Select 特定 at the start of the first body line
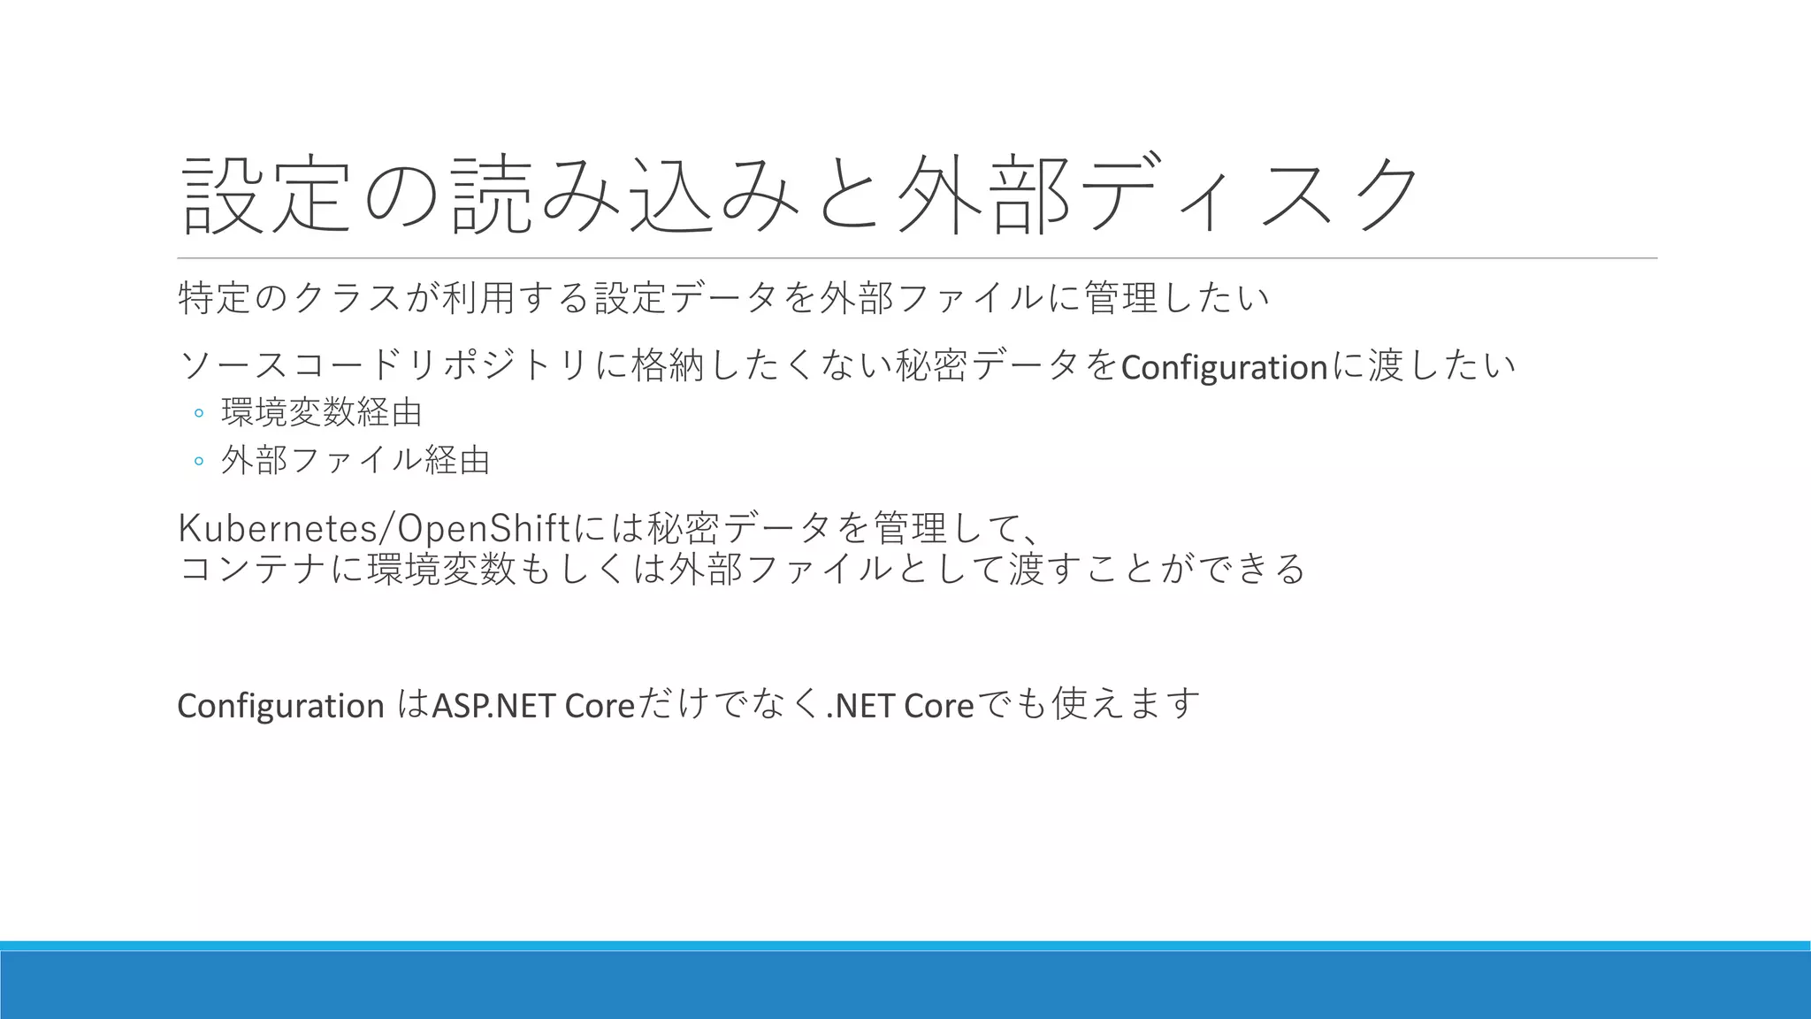pyautogui.click(x=214, y=297)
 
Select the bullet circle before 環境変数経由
pyautogui.click(x=199, y=413)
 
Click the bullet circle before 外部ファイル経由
pyautogui.click(x=199, y=461)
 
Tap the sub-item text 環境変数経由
pyautogui.click(x=322, y=412)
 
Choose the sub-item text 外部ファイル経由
pyautogui.click(x=355, y=460)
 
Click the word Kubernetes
pyautogui.click(x=277, y=528)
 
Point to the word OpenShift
pyautogui.click(x=484, y=528)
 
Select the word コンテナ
pyautogui.click(x=253, y=568)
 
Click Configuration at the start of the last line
pyautogui.click(x=280, y=706)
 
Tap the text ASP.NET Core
pyautogui.click(x=533, y=706)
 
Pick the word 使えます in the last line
pyautogui.click(x=1125, y=704)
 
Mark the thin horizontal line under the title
pyautogui.click(x=917, y=258)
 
